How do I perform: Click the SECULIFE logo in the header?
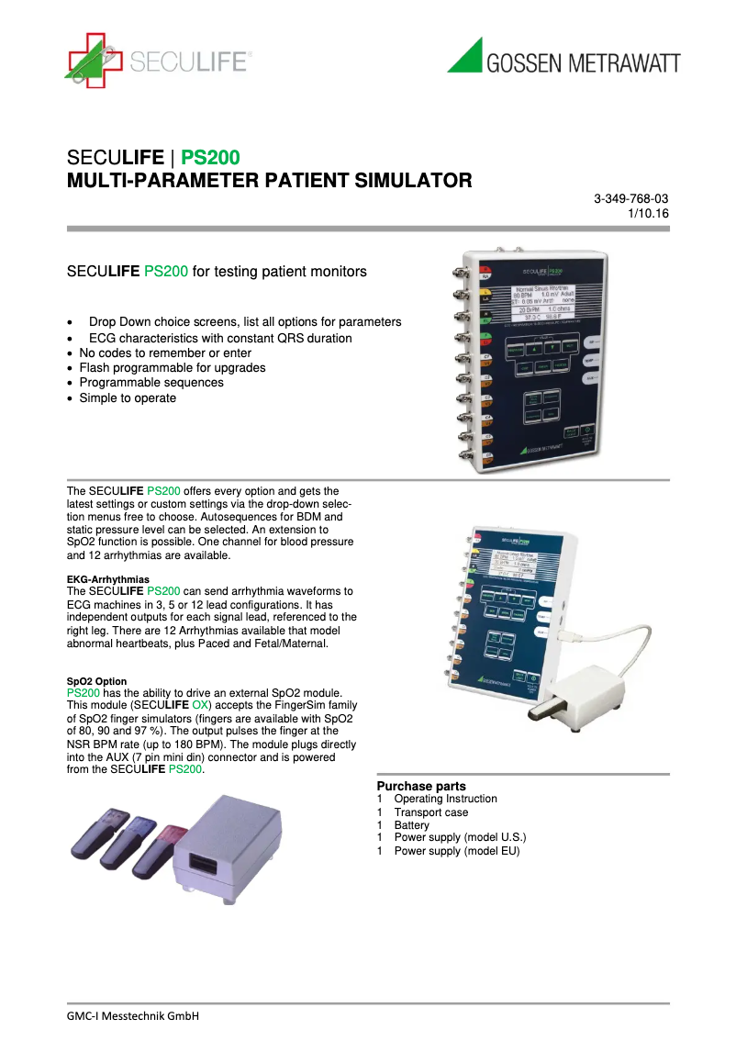[x=158, y=60]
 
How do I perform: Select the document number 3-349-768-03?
[x=630, y=198]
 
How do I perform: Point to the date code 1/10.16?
[x=648, y=213]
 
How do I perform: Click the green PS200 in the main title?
[x=210, y=157]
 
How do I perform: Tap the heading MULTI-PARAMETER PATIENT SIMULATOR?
[x=270, y=180]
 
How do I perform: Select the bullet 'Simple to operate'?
[x=128, y=398]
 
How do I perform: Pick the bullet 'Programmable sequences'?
[x=151, y=383]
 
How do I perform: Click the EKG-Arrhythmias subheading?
[x=107, y=579]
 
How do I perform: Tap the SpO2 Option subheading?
[x=97, y=680]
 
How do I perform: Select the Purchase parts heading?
[x=421, y=786]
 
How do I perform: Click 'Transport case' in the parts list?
[x=431, y=812]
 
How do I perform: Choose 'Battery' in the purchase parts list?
[x=412, y=825]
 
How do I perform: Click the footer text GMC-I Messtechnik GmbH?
[x=133, y=1016]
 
